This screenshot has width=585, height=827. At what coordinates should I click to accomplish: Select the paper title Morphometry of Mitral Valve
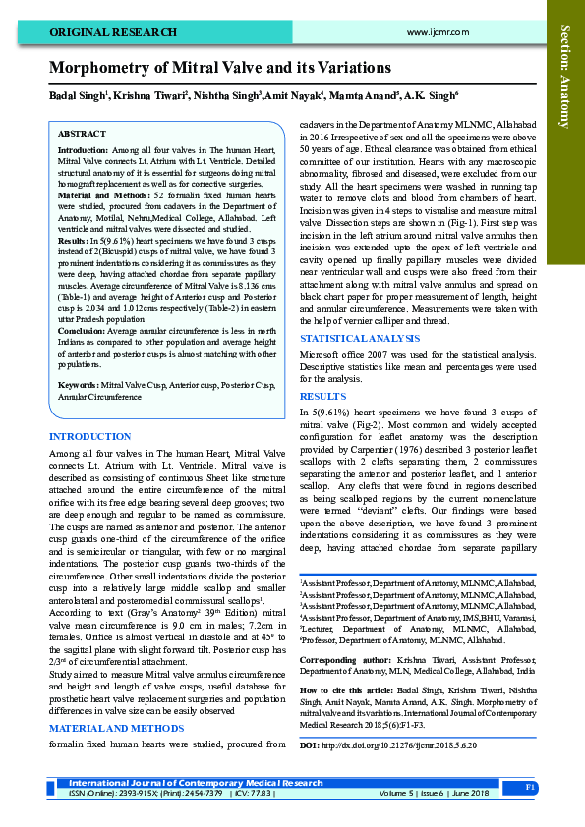pyautogui.click(x=220, y=68)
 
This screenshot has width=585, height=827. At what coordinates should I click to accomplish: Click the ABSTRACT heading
pyautogui.click(x=82, y=132)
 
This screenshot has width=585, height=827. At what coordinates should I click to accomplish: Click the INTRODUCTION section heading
pyautogui.click(x=89, y=435)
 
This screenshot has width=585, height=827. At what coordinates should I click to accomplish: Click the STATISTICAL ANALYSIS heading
pyautogui.click(x=355, y=337)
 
